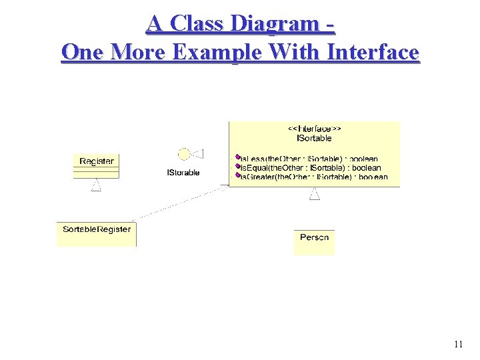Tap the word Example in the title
[213, 51]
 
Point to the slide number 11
[458, 345]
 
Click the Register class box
[96, 165]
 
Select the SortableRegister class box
[97, 233]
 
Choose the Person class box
[314, 241]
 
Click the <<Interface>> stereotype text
[314, 128]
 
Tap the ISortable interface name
[314, 138]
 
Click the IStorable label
[183, 173]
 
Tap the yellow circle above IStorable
[183, 155]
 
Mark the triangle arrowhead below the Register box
[96, 185]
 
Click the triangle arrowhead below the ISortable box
[314, 194]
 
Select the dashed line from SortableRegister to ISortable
[180, 203]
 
